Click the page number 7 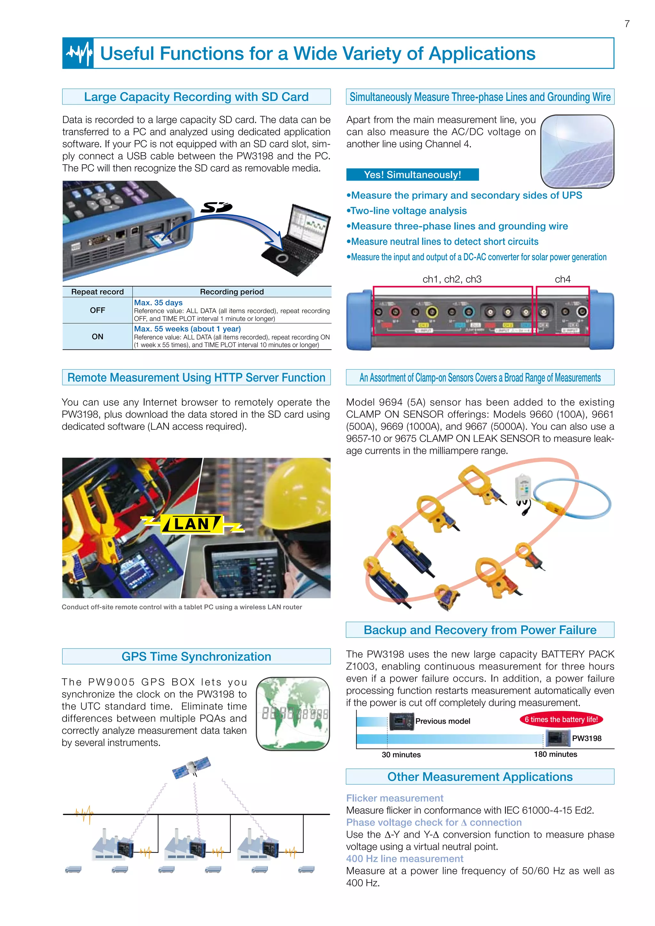pyautogui.click(x=627, y=24)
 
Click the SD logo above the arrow pyautogui.click(x=217, y=207)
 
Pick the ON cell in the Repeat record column pyautogui.click(x=97, y=336)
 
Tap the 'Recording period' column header pyautogui.click(x=232, y=292)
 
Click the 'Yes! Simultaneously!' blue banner pyautogui.click(x=412, y=175)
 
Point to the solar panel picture pyautogui.click(x=577, y=151)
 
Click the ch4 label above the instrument pyautogui.click(x=562, y=279)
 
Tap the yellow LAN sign pyautogui.click(x=192, y=524)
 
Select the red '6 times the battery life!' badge pyautogui.click(x=561, y=719)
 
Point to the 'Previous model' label pyautogui.click(x=442, y=721)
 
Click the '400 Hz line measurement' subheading pyautogui.click(x=405, y=859)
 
